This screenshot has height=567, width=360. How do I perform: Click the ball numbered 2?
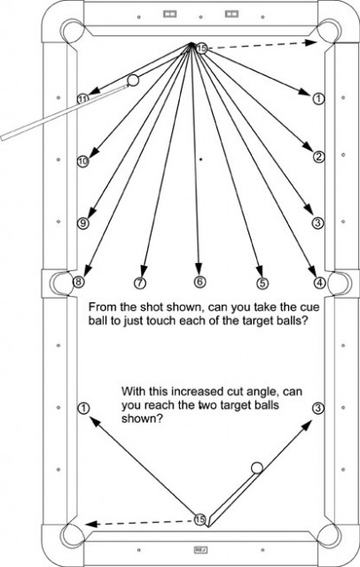tap(318, 157)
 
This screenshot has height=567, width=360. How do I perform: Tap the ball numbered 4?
tap(319, 283)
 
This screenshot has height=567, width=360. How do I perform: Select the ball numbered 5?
tap(262, 283)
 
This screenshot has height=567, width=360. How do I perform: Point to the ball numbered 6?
tap(200, 282)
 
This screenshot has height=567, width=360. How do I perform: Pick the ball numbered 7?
tap(140, 283)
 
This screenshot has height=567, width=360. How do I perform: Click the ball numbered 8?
tap(79, 282)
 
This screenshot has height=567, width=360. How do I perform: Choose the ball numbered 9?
tap(82, 223)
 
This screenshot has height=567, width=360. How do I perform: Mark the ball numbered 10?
tap(82, 161)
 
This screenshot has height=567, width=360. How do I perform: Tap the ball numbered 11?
tap(82, 98)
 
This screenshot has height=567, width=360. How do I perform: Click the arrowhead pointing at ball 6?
tap(199, 268)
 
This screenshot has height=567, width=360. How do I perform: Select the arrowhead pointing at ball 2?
tap(308, 147)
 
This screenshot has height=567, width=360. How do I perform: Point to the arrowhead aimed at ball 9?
tap(92, 213)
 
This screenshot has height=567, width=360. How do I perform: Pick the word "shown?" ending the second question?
tap(142, 419)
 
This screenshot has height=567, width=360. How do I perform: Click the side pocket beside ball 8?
tap(58, 283)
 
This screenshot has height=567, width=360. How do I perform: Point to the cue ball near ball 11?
tap(133, 81)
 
